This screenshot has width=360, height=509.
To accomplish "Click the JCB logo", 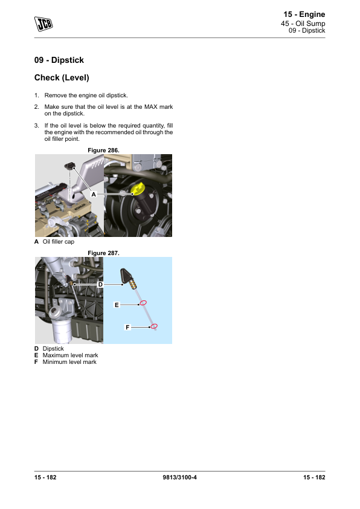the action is coord(43,24).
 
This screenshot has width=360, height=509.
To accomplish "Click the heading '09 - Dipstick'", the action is coord(59,60).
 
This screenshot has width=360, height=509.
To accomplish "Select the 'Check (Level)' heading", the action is coord(62,78).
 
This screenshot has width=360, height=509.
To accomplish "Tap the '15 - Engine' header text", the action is coord(304,15).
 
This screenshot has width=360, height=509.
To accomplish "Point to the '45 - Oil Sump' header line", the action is coord(303,24).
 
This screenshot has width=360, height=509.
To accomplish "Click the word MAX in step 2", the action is coord(151,107).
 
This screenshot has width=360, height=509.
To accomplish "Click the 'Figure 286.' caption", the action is coord(103,151).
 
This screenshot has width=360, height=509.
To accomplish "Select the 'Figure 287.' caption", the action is coord(103,253).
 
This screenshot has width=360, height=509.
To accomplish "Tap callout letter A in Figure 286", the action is coord(94,194).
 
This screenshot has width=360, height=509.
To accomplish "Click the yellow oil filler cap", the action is coord(138,189).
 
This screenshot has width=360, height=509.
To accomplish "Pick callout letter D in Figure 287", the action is coord(100,284).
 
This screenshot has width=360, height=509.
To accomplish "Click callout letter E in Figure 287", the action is coord(117,305).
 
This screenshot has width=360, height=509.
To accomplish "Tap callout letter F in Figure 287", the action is coord(127,327).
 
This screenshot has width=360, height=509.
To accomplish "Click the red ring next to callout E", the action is coord(143,303).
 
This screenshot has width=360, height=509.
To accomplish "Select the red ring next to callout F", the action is coord(154,326).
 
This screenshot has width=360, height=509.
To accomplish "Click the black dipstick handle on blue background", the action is coord(126,275).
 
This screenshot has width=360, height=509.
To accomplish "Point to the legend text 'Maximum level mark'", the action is coord(71,355).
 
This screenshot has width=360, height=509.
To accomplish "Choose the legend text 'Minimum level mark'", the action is coord(69,362).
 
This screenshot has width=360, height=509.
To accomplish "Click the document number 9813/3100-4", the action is coord(179,478).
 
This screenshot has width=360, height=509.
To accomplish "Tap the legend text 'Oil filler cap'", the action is coord(59,242).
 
